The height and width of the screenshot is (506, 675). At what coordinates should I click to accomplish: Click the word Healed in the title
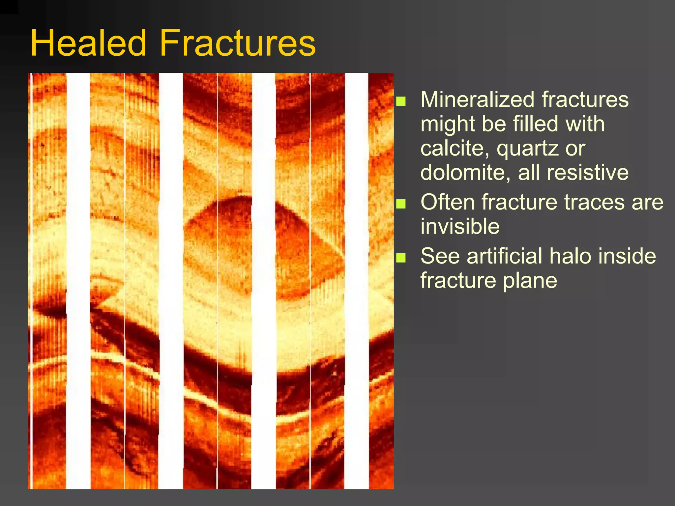88,43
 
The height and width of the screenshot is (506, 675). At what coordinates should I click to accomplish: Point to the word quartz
526,149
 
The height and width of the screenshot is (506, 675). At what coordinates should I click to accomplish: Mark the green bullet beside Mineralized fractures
401,101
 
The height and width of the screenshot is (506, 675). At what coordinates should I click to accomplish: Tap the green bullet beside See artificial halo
401,258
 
